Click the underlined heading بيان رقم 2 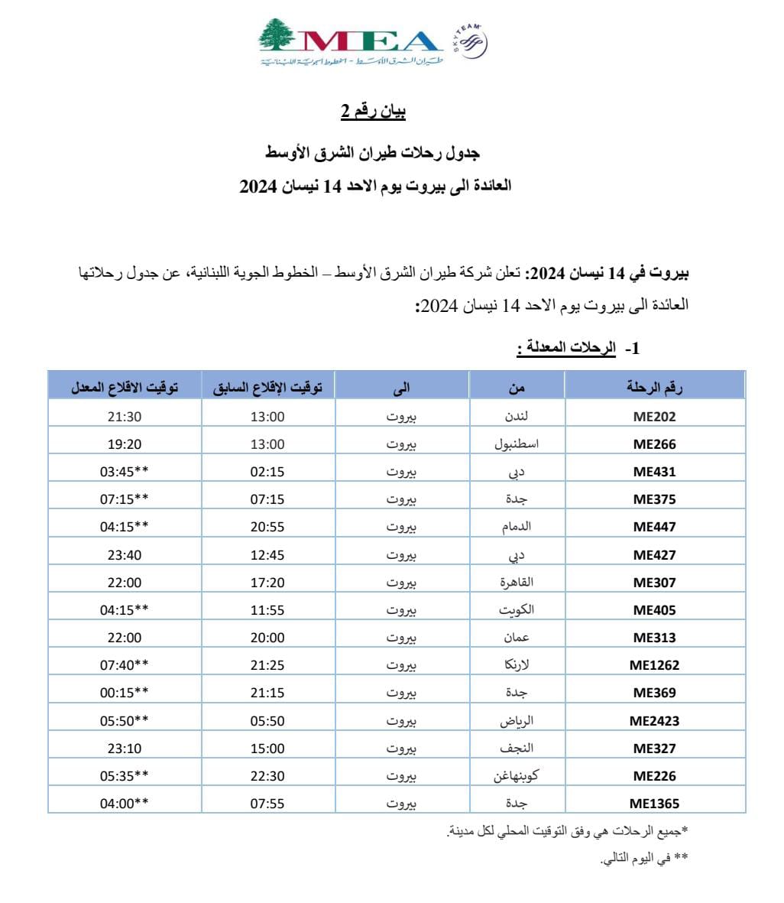[x=373, y=112]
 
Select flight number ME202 [x=655, y=417]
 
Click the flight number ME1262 [x=655, y=665]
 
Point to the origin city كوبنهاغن [x=517, y=775]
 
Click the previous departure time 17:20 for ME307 [x=267, y=583]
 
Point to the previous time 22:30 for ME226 [x=267, y=775]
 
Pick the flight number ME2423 [x=655, y=720]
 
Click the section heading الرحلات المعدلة [x=566, y=349]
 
